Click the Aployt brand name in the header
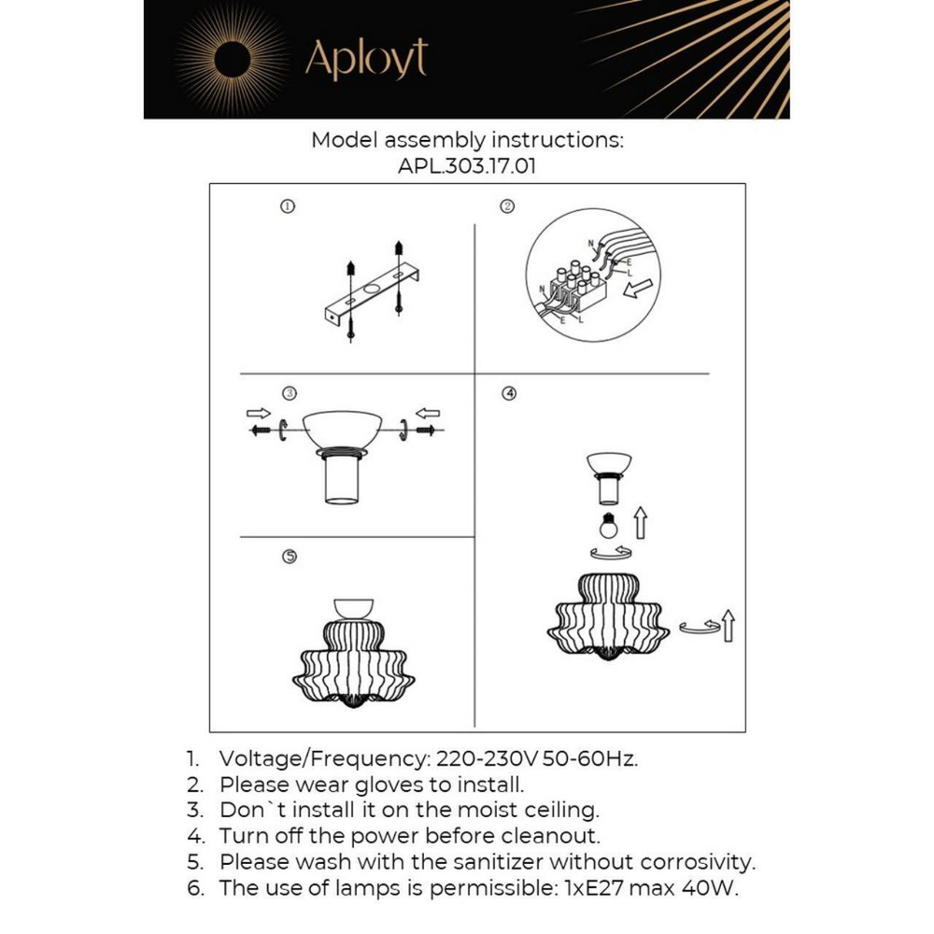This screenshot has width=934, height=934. [x=366, y=60]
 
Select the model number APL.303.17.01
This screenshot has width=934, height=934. [x=466, y=166]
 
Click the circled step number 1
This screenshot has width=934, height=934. [x=288, y=206]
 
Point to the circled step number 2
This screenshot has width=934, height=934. [x=508, y=206]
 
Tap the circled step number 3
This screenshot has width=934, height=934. [x=289, y=393]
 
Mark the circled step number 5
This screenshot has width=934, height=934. [x=289, y=557]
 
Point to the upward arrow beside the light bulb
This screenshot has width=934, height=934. [x=641, y=524]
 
